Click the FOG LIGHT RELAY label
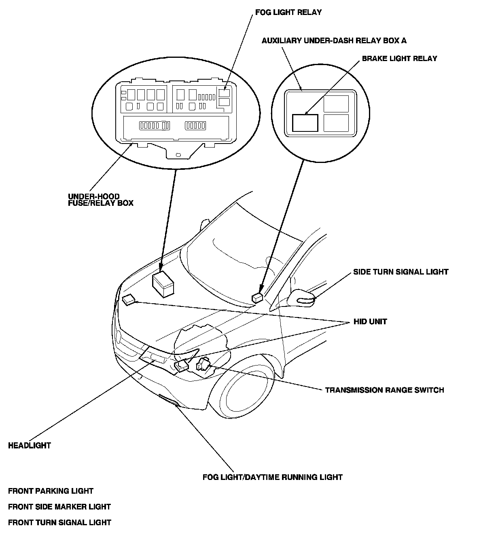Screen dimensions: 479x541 (288, 12)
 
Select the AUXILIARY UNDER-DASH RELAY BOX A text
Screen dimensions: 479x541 (334, 40)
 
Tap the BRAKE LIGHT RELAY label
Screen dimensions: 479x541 (399, 59)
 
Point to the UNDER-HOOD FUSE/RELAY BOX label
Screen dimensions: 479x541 (100, 200)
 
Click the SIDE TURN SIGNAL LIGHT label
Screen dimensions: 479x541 (401, 272)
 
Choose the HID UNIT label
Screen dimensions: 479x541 (370, 321)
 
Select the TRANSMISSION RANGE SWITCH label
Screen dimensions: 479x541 (384, 390)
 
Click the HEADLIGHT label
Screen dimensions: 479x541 (30, 446)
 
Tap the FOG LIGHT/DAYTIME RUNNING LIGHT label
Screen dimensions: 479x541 (273, 477)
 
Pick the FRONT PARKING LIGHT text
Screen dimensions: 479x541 (51, 491)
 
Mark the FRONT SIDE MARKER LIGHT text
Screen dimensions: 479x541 (59, 507)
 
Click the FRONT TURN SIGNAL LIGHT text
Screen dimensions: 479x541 (59, 522)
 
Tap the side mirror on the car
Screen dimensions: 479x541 (302, 298)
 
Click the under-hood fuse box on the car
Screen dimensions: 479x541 (163, 284)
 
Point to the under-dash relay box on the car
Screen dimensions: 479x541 (258, 298)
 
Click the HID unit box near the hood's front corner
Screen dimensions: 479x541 (129, 300)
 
